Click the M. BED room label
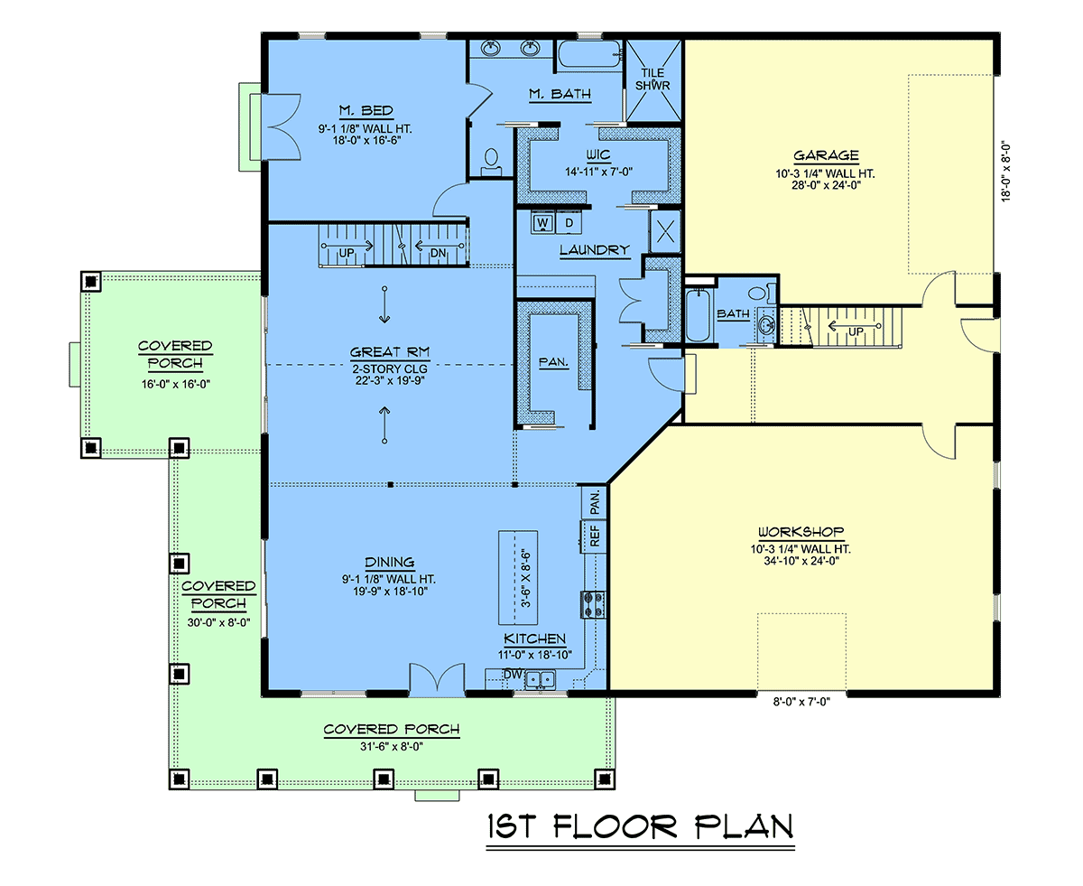(x=366, y=110)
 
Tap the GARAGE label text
(x=825, y=155)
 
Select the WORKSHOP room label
(x=801, y=531)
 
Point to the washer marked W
(x=542, y=223)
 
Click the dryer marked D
(x=569, y=223)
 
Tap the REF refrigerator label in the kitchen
(x=595, y=536)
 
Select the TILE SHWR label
(x=653, y=79)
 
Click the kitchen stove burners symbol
(x=592, y=604)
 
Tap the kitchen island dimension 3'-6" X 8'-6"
(x=526, y=578)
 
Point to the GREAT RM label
(x=389, y=352)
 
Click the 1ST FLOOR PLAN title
(x=640, y=826)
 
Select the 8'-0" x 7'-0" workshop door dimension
(x=801, y=702)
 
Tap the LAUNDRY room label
(x=594, y=250)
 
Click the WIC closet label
(x=598, y=154)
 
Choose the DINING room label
(x=389, y=562)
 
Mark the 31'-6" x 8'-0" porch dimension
(x=392, y=746)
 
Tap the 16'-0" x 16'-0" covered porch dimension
(x=176, y=384)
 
